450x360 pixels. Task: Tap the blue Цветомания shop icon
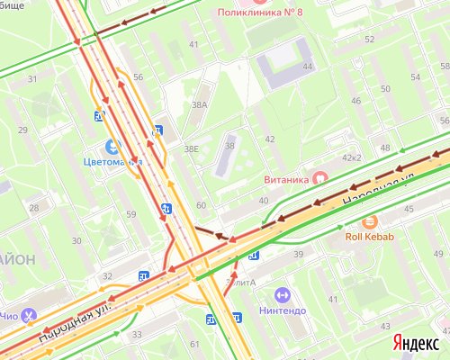112,146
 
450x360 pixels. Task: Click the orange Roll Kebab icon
367,222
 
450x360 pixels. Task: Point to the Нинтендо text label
282,311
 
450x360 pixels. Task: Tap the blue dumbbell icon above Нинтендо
282,294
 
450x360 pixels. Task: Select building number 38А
200,105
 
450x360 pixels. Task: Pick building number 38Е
191,148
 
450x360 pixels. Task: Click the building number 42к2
351,157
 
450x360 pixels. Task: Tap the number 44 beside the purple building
307,67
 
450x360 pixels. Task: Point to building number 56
138,77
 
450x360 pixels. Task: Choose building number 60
201,206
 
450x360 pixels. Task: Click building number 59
130,214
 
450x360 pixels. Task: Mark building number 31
32,79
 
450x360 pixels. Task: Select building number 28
34,208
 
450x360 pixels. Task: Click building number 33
138,335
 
